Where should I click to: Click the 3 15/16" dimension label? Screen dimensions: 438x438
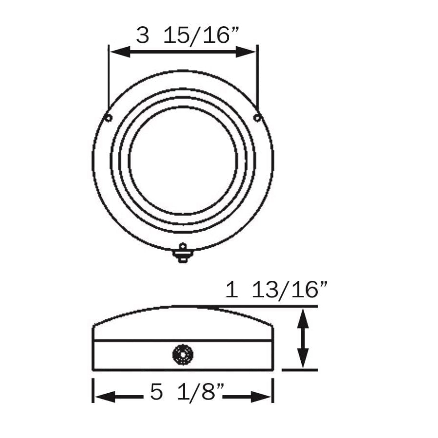pyautogui.click(x=187, y=36)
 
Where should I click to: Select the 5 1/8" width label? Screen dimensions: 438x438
pyautogui.click(x=187, y=392)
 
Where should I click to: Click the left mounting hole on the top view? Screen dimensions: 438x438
pyautogui.click(x=109, y=118)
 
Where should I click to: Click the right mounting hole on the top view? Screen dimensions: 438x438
pyautogui.click(x=257, y=118)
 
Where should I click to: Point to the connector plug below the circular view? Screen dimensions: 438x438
pyautogui.click(x=183, y=254)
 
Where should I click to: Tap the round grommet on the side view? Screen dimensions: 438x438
pyautogui.click(x=183, y=354)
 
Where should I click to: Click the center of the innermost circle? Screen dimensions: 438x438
pyautogui.click(x=183, y=161)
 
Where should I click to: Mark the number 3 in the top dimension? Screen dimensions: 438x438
pyautogui.click(x=142, y=36)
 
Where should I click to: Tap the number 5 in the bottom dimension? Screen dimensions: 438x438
pyautogui.click(x=156, y=392)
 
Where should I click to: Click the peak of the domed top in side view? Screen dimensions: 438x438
pyautogui.click(x=183, y=307)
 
